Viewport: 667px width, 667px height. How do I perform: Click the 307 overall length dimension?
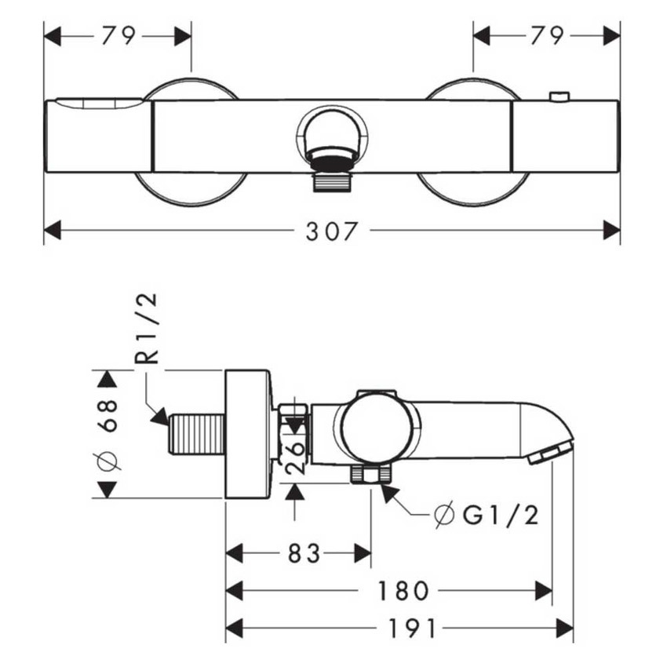click(330, 231)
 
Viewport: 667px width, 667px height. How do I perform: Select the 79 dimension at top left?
click(118, 36)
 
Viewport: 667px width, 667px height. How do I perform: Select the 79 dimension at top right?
click(547, 36)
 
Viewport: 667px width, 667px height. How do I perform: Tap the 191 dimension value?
click(413, 629)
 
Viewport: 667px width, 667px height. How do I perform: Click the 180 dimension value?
click(403, 591)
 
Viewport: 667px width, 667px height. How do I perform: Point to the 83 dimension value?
click(304, 553)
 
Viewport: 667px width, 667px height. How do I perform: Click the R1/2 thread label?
click(147, 328)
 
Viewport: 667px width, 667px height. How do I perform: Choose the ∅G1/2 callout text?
click(487, 516)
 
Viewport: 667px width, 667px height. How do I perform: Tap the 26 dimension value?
click(296, 457)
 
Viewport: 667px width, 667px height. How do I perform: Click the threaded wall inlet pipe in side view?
click(196, 434)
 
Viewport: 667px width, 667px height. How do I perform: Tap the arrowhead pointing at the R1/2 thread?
click(160, 417)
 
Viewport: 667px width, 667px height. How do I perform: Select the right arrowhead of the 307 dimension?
click(612, 230)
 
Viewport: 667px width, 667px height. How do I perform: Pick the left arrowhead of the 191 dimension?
click(234, 629)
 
